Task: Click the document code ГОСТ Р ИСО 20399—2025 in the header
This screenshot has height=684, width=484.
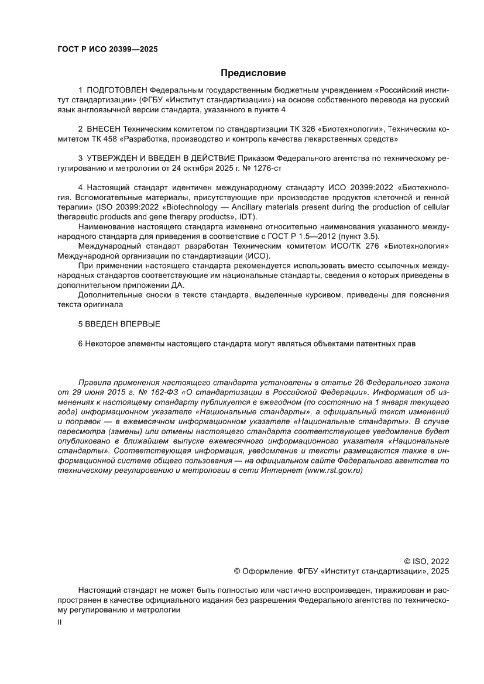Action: [107, 49]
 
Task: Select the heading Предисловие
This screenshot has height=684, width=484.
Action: [253, 73]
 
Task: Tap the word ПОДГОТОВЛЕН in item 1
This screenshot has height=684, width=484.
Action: [117, 91]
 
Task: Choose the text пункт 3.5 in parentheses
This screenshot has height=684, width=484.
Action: [356, 236]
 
